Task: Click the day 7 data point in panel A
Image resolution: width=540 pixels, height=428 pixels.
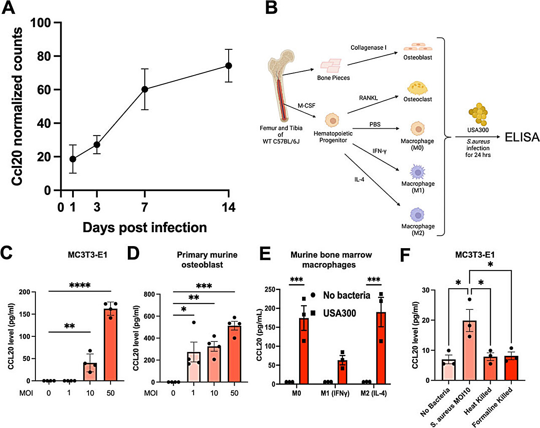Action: [x=145, y=89]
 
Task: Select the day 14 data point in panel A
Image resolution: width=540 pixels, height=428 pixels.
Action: [x=229, y=65]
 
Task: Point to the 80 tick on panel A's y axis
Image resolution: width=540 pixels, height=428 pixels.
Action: [x=43, y=56]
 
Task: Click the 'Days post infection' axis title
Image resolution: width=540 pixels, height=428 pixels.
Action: [x=145, y=228]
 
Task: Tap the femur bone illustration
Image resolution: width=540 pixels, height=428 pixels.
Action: [x=279, y=89]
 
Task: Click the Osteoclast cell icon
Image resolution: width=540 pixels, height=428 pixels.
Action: [x=417, y=88]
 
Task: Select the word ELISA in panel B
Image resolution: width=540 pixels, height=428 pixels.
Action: [x=522, y=137]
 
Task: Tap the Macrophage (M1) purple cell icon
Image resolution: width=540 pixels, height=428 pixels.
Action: [x=417, y=172]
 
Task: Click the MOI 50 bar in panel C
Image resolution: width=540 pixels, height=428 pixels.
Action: [x=111, y=344]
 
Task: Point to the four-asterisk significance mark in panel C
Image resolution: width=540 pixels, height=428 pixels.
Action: [x=80, y=286]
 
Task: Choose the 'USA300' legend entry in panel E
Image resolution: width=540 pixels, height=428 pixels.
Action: [x=339, y=313]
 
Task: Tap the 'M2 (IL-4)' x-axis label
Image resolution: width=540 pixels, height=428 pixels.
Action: [x=373, y=393]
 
